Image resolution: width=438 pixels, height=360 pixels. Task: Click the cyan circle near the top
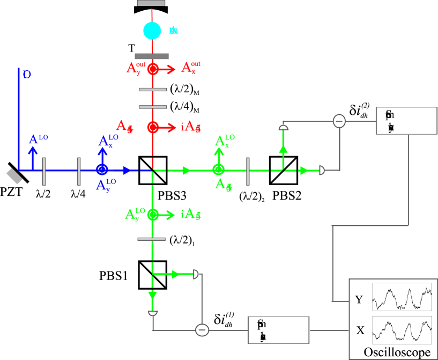152,31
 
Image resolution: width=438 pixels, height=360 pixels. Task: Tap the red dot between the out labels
153,69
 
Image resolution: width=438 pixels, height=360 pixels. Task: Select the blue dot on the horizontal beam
102,170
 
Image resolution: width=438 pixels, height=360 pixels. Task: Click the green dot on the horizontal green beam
218,170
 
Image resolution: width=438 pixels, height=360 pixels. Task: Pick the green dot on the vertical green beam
153,215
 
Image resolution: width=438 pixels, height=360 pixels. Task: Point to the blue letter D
27,75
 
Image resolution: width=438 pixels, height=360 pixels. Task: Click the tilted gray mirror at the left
14,177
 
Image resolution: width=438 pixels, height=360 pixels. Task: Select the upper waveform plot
402,297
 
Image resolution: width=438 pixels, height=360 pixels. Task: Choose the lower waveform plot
402,329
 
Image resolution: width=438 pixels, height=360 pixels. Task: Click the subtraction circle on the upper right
339,121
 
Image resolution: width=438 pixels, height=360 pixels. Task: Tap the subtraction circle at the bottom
202,329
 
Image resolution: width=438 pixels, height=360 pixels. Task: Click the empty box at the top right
406,121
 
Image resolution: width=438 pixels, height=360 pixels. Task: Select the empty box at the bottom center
278,329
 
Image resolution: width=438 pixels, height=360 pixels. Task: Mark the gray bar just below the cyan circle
152,56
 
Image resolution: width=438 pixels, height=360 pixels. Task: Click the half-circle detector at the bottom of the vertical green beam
153,312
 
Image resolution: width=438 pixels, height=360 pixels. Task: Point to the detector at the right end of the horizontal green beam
322,170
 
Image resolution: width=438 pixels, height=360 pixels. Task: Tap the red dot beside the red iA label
153,127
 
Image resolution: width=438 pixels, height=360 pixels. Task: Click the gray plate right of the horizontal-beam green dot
248,171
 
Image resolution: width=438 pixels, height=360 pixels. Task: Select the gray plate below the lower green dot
152,239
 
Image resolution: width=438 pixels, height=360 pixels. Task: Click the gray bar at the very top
151,3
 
